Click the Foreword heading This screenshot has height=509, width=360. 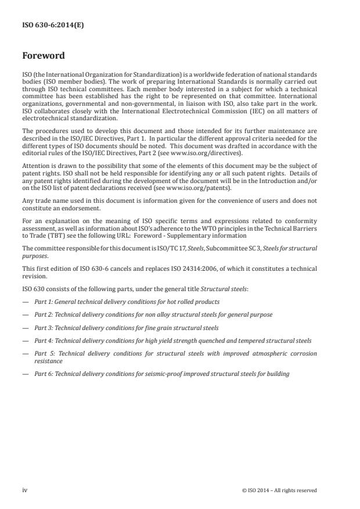coord(43,56)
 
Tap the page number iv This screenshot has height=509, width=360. coord(24,490)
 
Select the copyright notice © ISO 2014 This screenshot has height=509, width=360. coord(279,490)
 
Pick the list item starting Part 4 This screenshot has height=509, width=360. coord(172,340)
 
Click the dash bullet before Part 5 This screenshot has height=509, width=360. coord(25,354)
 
